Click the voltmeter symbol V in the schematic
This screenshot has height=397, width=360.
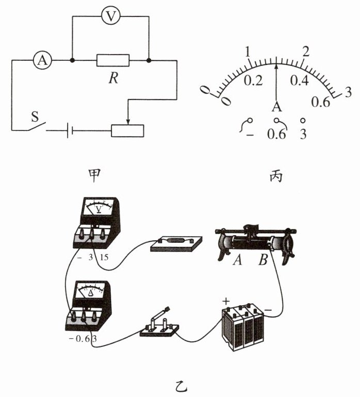click(x=109, y=16)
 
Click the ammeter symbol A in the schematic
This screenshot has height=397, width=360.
click(x=43, y=61)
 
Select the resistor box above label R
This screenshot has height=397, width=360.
click(x=112, y=60)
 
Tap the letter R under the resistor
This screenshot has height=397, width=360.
click(x=112, y=78)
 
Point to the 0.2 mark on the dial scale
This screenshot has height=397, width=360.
click(x=253, y=80)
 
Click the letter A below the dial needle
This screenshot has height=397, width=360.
click(x=277, y=107)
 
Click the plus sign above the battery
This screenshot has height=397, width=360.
click(x=225, y=300)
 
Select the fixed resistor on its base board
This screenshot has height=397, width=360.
click(x=176, y=242)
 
